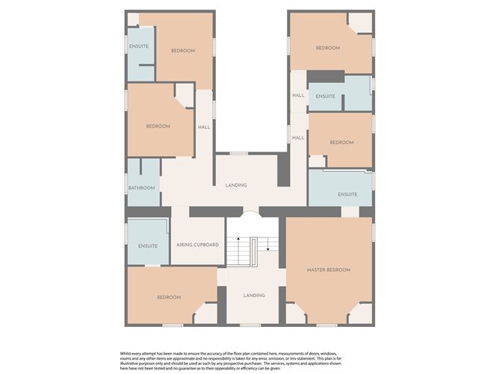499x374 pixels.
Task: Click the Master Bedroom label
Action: [329, 270]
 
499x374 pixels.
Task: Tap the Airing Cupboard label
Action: [198, 245]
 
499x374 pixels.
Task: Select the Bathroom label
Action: [142, 188]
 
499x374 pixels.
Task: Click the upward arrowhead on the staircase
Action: [238, 238]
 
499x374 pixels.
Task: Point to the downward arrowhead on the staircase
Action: [268, 249]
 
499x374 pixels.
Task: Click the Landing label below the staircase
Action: [254, 296]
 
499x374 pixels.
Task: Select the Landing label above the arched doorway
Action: [236, 185]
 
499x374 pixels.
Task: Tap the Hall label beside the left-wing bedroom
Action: [204, 127]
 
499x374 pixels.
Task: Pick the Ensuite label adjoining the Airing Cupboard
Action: [148, 246]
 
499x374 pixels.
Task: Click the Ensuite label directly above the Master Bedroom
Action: [347, 194]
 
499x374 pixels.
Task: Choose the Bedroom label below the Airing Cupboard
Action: [169, 297]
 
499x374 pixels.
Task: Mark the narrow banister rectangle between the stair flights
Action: [253, 252]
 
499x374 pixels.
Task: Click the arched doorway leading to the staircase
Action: [252, 213]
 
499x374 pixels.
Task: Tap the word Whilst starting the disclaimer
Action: [125, 354]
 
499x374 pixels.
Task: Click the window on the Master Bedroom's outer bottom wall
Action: [327, 325]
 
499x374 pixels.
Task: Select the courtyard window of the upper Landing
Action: [239, 154]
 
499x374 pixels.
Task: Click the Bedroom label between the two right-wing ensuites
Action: [342, 143]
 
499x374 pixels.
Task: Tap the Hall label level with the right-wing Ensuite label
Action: [298, 96]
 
